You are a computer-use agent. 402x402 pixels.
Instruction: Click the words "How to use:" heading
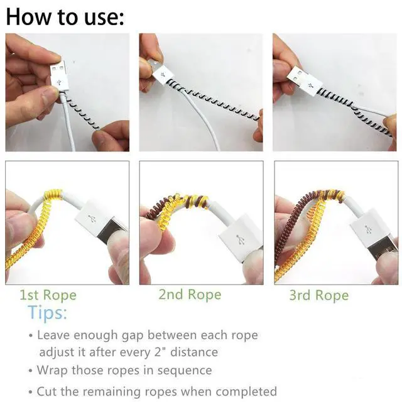(65, 17)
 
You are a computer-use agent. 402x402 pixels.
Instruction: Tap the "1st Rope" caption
(48, 295)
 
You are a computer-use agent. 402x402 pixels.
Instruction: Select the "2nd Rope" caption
(190, 295)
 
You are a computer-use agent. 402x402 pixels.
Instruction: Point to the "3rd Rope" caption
(319, 295)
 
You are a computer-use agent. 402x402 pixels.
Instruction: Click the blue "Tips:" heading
(48, 313)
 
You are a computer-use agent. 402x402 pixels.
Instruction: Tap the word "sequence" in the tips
(185, 370)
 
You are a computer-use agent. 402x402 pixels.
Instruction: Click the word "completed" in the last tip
(246, 391)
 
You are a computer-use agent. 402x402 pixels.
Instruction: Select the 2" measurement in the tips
(160, 352)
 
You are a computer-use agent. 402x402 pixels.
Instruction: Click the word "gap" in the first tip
(132, 336)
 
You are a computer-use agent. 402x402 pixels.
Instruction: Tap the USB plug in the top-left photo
(59, 76)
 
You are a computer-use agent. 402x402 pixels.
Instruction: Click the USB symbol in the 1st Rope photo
(92, 219)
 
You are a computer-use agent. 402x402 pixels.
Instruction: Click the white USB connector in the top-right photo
(305, 81)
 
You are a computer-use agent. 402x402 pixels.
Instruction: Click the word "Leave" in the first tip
(53, 335)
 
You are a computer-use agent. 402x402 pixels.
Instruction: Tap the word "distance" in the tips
(194, 352)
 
